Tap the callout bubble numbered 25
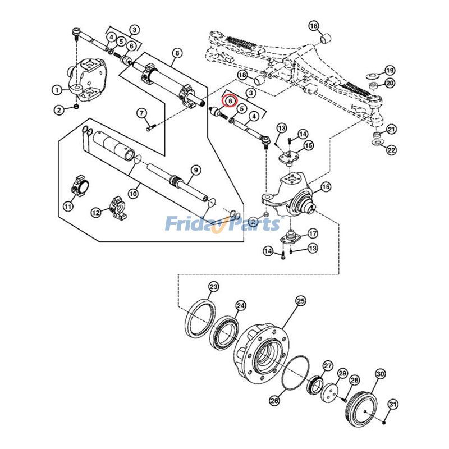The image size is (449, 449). click(300, 301)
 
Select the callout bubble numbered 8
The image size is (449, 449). click(177, 54)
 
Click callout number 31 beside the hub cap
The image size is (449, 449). click(393, 404)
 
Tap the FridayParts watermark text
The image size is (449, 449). click(222, 224)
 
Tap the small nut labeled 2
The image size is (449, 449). click(76, 107)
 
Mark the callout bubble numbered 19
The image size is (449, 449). click(390, 70)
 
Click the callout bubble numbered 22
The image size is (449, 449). click(391, 150)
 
